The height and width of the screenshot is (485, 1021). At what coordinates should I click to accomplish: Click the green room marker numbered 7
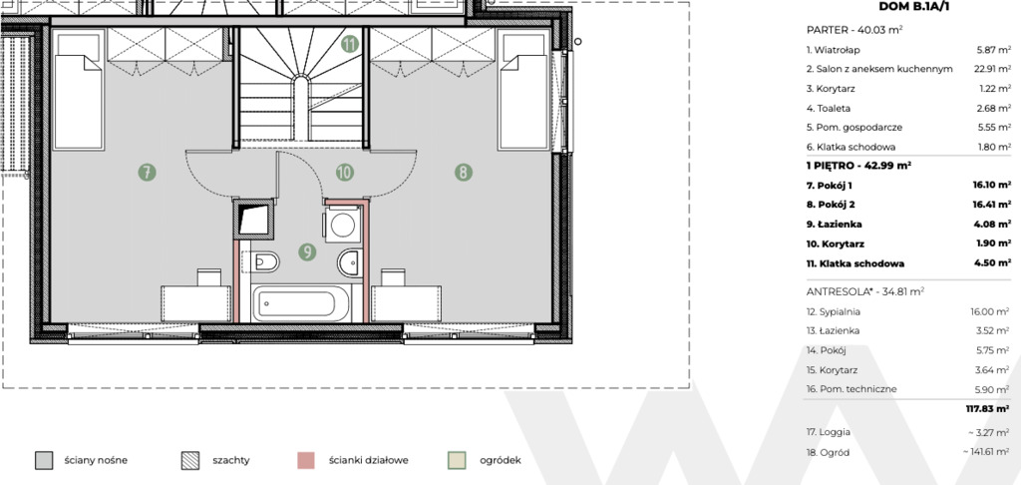[x=148, y=173]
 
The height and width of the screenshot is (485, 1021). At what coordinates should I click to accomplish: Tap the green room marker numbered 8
[x=463, y=173]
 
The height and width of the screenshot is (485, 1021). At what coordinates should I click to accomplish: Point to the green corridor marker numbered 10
[x=344, y=173]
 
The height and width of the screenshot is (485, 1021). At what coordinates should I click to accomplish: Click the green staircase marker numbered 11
[x=350, y=44]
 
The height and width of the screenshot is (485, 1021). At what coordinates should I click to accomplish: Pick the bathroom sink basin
[x=350, y=263]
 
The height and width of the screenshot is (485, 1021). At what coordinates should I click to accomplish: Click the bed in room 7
[x=78, y=90]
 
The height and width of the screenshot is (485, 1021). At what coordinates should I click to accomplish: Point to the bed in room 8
[x=522, y=90]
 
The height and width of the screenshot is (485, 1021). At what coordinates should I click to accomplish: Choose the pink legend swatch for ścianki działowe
[x=305, y=460]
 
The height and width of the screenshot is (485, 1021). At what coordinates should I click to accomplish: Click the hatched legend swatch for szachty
[x=190, y=460]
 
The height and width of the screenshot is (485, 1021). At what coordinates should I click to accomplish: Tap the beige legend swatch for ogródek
[x=457, y=460]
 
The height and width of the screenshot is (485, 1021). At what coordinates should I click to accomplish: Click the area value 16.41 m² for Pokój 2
[x=992, y=205]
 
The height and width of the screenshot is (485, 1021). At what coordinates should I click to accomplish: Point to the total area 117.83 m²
[x=988, y=409]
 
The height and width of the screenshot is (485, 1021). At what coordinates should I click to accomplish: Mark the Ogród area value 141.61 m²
[x=987, y=452]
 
